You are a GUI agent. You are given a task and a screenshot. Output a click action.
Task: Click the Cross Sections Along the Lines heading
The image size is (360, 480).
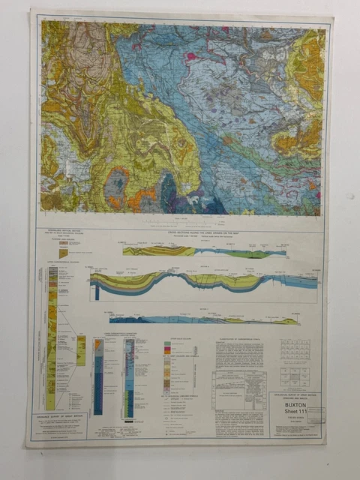point(197,234)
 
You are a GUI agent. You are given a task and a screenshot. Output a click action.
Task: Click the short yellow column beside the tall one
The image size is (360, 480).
point(81,350)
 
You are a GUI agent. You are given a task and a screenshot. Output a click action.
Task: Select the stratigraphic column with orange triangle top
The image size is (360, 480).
point(98,375)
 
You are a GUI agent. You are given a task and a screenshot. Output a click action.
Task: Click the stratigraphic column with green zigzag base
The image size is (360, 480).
point(129,375)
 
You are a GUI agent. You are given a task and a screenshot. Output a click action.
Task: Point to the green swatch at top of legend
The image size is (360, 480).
point(167,344)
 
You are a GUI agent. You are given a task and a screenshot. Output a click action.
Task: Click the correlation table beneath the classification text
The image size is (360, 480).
point(238,390)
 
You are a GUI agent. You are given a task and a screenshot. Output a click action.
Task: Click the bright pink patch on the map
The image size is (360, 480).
point(191,55)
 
